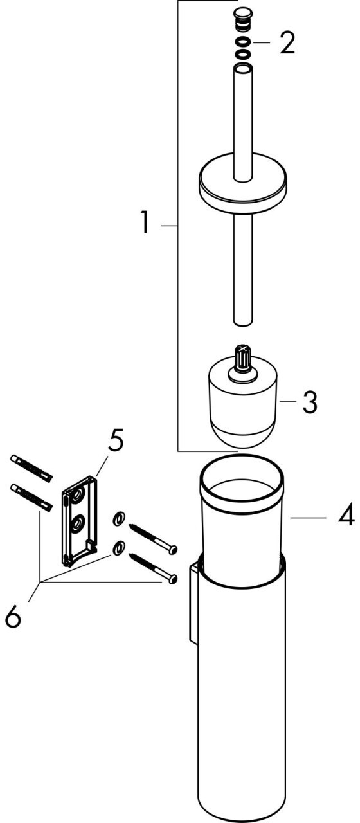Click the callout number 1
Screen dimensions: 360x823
[x=146, y=222]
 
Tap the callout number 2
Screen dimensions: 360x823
[x=287, y=43]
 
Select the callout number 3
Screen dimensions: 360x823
[x=309, y=402]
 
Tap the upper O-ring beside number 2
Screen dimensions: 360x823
[x=242, y=42]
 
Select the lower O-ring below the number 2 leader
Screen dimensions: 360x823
[x=242, y=55]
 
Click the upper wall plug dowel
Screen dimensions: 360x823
[x=32, y=469]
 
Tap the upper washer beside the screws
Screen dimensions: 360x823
[x=118, y=519]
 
